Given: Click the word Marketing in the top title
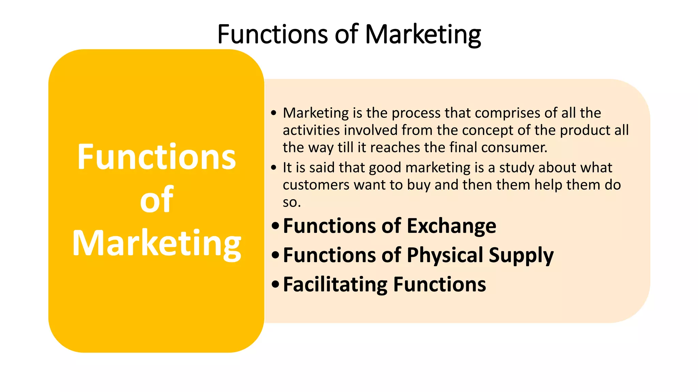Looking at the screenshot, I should (423, 35).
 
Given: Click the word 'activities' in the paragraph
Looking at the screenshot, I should (311, 130).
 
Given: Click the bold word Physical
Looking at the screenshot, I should (445, 255).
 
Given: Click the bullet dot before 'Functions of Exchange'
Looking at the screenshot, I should (275, 226).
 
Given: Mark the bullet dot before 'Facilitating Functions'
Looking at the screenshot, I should (275, 285).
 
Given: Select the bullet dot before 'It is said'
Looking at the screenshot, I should (273, 168).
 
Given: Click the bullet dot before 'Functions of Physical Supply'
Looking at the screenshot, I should (275, 256).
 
